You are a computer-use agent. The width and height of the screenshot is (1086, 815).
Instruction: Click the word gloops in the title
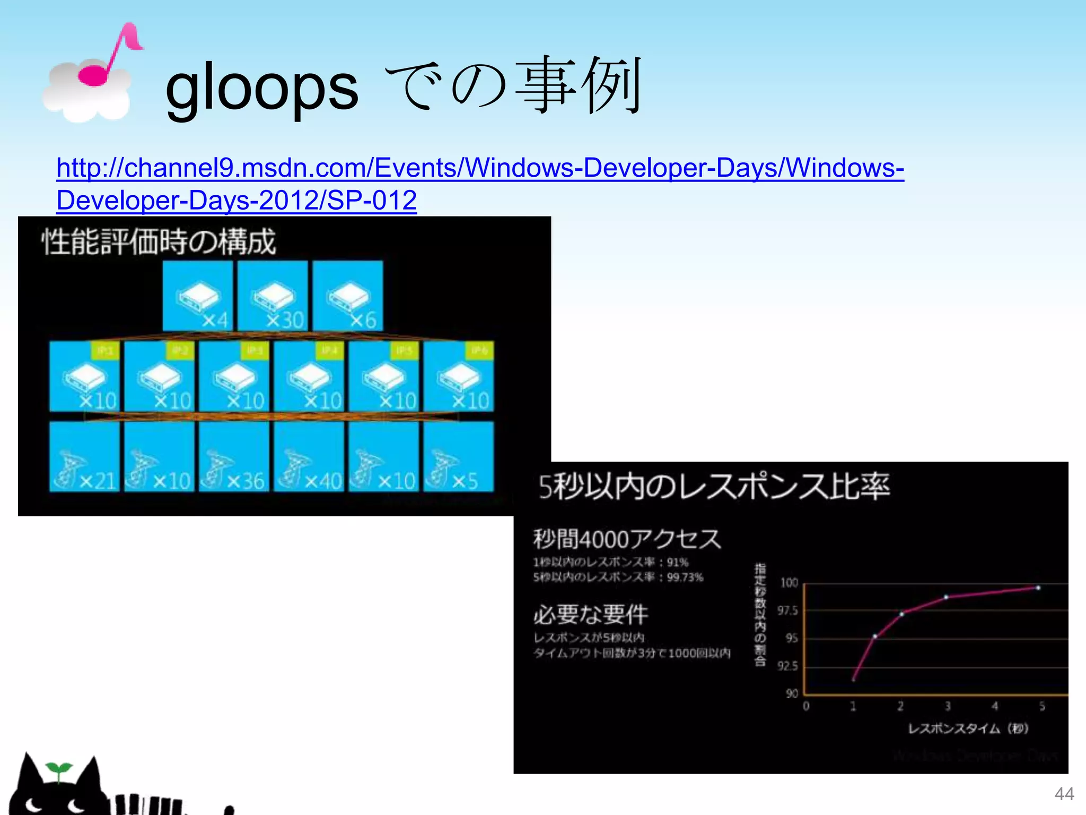(x=262, y=89)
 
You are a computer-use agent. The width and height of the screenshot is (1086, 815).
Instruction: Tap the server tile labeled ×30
(x=273, y=296)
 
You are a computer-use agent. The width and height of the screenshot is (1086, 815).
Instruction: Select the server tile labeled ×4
(x=197, y=296)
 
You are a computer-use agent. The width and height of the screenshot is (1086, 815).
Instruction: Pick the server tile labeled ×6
(x=348, y=296)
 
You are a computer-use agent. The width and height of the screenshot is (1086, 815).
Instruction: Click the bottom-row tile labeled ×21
(x=84, y=457)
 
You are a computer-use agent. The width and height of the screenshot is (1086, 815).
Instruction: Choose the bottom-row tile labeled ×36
(x=234, y=457)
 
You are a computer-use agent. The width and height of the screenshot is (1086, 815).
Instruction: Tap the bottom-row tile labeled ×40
(x=309, y=457)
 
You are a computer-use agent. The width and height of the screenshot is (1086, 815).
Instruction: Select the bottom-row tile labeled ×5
(x=459, y=457)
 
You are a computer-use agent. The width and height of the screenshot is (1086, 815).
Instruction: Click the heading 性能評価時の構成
(x=159, y=242)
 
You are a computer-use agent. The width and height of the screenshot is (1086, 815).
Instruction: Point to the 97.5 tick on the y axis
(x=787, y=611)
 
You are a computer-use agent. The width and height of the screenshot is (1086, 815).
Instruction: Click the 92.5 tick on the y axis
(x=787, y=666)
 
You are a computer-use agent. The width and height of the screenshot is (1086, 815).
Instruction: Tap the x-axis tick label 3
(x=948, y=706)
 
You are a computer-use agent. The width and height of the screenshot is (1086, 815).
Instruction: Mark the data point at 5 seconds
(x=1038, y=588)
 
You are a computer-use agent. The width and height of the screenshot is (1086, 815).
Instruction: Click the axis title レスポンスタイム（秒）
(x=968, y=729)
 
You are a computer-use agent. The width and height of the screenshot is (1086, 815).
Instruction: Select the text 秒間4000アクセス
(x=627, y=539)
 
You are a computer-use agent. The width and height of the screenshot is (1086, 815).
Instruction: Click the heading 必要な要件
(x=591, y=614)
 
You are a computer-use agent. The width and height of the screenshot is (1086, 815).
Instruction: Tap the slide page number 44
(x=1064, y=794)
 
